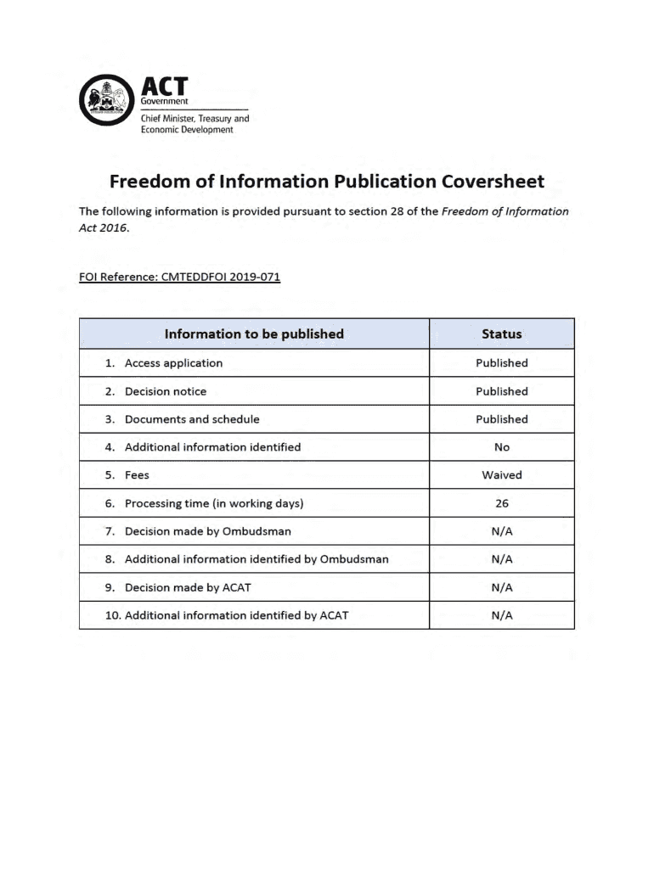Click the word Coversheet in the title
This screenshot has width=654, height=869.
[493, 182]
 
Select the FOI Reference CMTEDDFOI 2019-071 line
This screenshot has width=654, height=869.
[179, 277]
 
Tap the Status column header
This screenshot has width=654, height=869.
[501, 334]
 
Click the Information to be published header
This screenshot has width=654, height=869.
[254, 334]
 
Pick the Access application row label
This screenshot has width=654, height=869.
[173, 363]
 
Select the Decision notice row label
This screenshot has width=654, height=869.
[165, 391]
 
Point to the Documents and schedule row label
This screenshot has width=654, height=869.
[192, 419]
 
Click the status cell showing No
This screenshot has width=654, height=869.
[501, 447]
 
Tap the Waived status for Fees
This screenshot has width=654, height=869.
[501, 475]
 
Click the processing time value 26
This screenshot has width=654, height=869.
[501, 503]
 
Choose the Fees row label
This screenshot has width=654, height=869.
[137, 475]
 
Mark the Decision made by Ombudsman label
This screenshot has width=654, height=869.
[207, 531]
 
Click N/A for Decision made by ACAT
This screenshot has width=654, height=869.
[501, 587]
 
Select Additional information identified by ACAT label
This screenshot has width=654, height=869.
[236, 615]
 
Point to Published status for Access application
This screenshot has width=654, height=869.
[501, 363]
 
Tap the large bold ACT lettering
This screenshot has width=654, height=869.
[163, 87]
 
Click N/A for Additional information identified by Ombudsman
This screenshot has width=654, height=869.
[501, 559]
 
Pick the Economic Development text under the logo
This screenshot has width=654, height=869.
[186, 130]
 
